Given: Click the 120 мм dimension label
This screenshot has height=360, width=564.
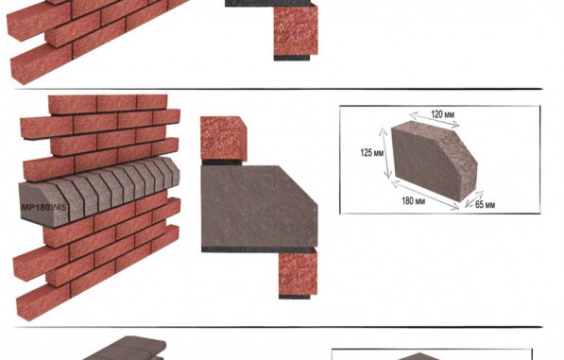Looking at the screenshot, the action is tap(442, 114).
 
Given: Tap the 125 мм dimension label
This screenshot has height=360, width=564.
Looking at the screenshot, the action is tap(372, 152).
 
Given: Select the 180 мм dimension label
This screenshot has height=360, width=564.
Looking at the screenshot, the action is tap(413, 200).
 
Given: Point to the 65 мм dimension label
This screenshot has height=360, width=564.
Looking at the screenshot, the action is tap(485, 205).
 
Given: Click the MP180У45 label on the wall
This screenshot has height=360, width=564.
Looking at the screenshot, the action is tap(43, 208).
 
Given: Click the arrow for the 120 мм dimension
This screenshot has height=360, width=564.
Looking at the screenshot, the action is tap(435, 120).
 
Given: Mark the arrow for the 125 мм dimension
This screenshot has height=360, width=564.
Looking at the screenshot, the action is tap(385, 153).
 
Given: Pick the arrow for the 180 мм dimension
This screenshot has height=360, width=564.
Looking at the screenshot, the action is tap(425, 195).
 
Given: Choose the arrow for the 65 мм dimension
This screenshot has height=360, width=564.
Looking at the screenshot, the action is tap(474, 199).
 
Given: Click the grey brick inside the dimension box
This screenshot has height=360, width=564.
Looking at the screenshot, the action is tap(434, 161).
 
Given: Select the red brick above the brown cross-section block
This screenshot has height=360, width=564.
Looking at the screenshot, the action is tap(223, 139).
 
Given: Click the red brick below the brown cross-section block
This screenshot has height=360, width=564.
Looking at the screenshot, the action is tap(299, 271).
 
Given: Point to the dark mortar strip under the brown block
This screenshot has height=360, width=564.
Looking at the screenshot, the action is tap(257, 249).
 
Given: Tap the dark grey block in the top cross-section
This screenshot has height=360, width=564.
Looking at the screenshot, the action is tap(267, 3).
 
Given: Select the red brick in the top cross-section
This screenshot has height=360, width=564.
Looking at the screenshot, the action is tap(296, 30).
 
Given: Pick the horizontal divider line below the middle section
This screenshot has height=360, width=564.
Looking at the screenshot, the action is tap(278, 327).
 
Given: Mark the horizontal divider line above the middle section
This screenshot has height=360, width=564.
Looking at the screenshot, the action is tap(278, 89).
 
